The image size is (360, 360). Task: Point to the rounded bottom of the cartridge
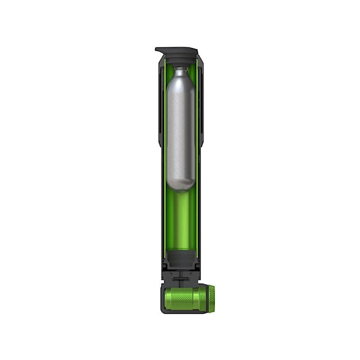click(180, 183)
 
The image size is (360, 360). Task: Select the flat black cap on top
click(178, 50)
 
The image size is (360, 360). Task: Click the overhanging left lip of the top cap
click(159, 50)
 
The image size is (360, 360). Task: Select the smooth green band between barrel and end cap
click(200, 298)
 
